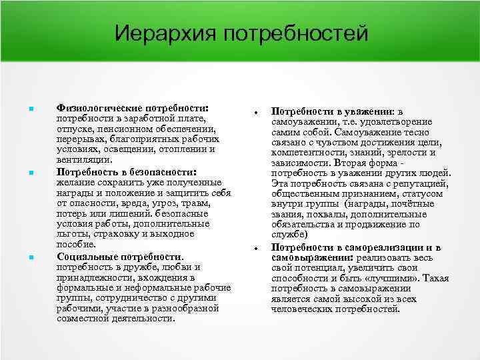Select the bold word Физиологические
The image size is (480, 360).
point(97,107)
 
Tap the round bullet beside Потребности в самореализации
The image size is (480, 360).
point(256,249)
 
